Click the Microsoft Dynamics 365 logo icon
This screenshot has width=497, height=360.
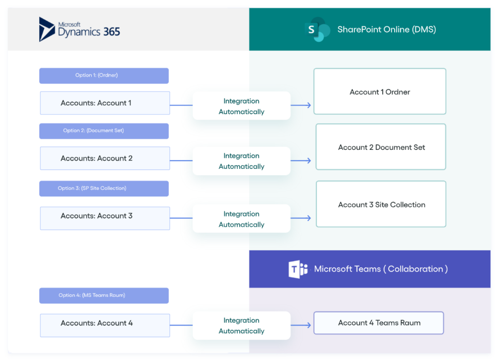47,29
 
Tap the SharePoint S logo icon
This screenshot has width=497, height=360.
315,30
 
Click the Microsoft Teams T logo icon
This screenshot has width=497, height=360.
298,269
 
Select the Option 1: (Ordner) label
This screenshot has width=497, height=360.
104,75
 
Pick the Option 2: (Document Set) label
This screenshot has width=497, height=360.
104,131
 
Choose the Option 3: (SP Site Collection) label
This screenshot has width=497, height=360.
104,189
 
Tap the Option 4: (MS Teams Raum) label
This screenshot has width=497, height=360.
104,295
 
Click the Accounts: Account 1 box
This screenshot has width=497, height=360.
105,103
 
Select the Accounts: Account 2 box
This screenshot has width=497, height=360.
105,158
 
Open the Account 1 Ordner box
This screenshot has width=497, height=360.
380,92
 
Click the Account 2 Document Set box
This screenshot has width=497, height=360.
381,147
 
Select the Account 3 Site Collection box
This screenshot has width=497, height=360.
381,204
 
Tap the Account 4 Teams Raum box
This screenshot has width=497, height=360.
379,323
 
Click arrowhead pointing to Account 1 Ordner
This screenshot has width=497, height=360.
309,106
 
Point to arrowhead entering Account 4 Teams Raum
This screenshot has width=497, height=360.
309,325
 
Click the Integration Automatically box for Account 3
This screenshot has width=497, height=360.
242,219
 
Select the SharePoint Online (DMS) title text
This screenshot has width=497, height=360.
386,30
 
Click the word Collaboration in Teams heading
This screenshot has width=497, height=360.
415,269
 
